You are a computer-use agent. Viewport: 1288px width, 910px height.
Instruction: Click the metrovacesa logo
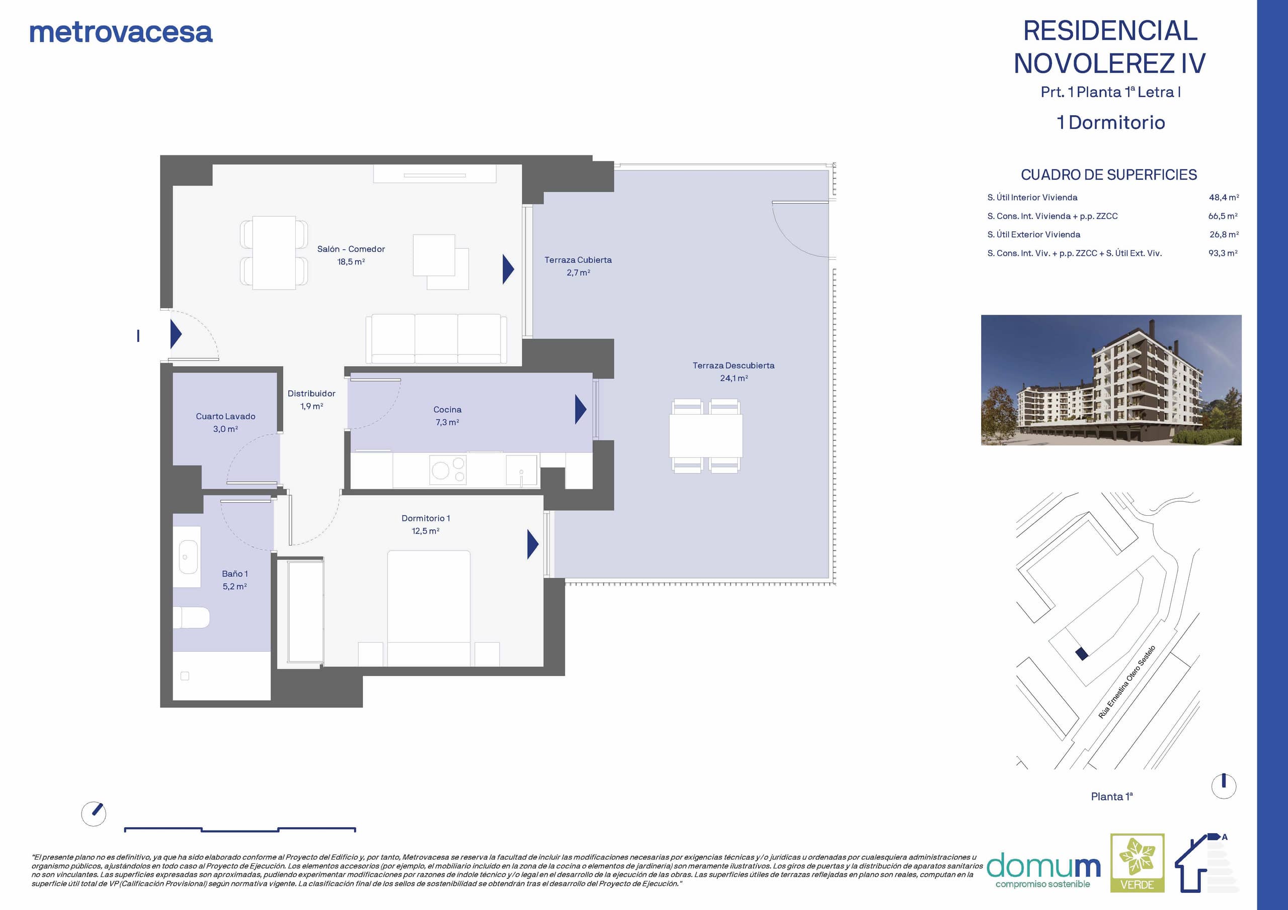tap(121, 33)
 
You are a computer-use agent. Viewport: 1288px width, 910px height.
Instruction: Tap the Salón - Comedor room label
tap(351, 255)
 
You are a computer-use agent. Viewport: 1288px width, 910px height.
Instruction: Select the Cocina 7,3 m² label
tap(447, 415)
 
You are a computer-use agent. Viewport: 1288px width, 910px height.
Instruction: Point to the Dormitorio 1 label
tap(426, 524)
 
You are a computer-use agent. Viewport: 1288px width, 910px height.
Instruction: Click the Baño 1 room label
tap(234, 580)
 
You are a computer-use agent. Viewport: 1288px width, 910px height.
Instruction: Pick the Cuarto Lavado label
tap(225, 422)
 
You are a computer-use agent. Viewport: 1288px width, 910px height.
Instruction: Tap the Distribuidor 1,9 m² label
tap(311, 399)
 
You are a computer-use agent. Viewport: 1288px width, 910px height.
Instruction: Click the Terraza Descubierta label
tap(733, 371)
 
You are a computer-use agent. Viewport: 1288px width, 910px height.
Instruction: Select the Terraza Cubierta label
tap(578, 266)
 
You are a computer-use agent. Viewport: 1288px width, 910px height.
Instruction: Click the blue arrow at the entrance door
tap(176, 335)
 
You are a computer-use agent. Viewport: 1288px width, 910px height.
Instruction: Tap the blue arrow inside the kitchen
tap(581, 409)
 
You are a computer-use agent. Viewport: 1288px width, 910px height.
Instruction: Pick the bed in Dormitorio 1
tap(429, 608)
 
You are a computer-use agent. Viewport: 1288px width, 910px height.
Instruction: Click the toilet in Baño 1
tap(191, 617)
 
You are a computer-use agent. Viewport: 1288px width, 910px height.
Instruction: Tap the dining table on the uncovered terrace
tap(706, 436)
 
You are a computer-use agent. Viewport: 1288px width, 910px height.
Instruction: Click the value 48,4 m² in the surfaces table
tap(1224, 198)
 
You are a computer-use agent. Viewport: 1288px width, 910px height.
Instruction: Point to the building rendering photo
tap(1111, 380)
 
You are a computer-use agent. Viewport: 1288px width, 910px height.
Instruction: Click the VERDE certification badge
tap(1137, 863)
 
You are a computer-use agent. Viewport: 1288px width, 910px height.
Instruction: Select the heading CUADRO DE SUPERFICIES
tap(1108, 175)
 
